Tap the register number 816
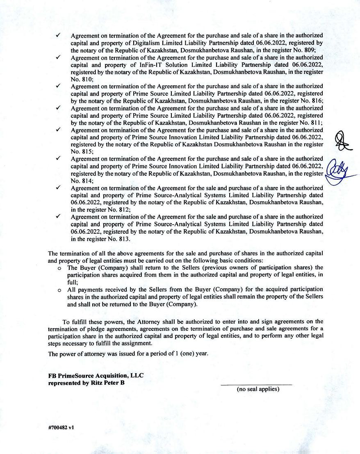pos(316,101)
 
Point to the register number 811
pos(315,123)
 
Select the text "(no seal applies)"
pos(257,389)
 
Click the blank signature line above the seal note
pos(256,385)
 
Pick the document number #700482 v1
pos(61,427)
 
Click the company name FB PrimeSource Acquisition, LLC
pos(96,375)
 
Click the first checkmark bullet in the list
pos(58,36)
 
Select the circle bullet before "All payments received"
pos(59,290)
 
